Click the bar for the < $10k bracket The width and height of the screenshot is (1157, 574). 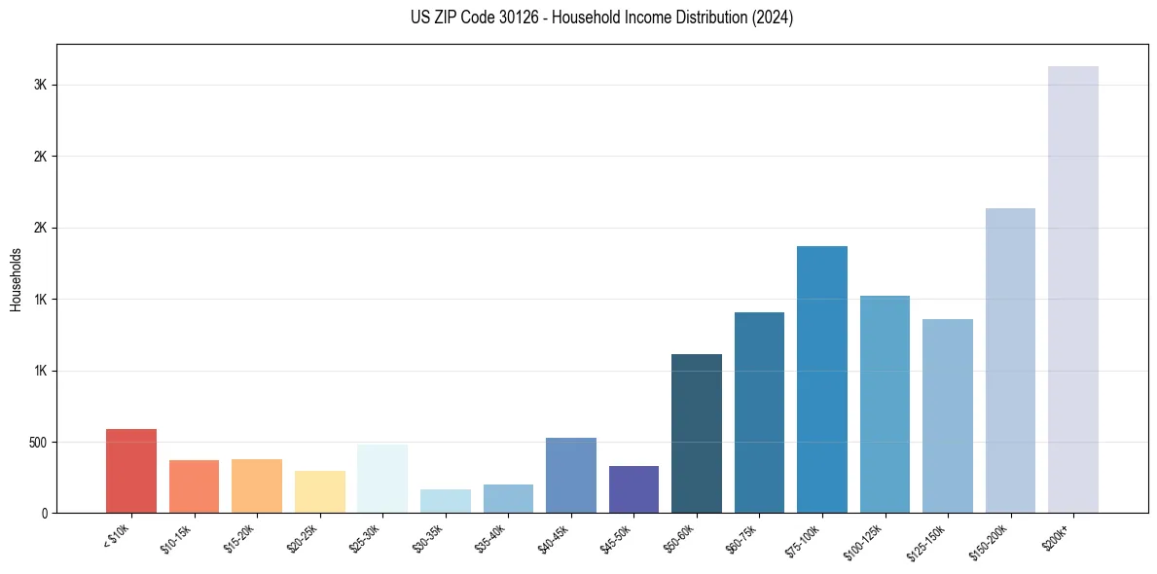(131, 471)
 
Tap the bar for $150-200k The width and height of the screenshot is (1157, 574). (1010, 360)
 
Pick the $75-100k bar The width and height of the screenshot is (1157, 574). (822, 379)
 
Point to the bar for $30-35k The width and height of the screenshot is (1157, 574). (446, 501)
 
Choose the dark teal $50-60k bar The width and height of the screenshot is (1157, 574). (697, 433)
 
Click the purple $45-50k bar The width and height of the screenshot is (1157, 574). (633, 489)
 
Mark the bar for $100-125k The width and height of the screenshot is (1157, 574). (885, 404)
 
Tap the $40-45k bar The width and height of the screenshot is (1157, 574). (571, 475)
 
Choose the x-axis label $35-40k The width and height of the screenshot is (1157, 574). (492, 538)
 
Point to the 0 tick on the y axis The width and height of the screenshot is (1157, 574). (44, 514)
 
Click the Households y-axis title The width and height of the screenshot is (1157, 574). (17, 279)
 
